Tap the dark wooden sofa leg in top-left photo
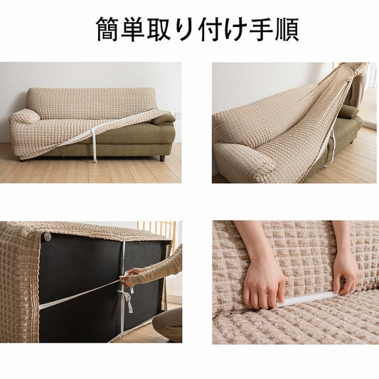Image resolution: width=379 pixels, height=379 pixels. click(x=162, y=159)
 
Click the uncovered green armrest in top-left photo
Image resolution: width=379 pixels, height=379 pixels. click(x=163, y=119)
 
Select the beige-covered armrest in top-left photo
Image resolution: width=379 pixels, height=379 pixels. click(x=24, y=117)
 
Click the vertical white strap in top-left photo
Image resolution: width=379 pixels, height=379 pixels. click(x=94, y=145)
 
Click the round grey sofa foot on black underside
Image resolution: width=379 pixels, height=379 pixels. click(x=47, y=236)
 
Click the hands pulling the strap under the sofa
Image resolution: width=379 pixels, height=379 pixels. click(x=128, y=277)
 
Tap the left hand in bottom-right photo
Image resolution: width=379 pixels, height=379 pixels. click(x=264, y=283)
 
